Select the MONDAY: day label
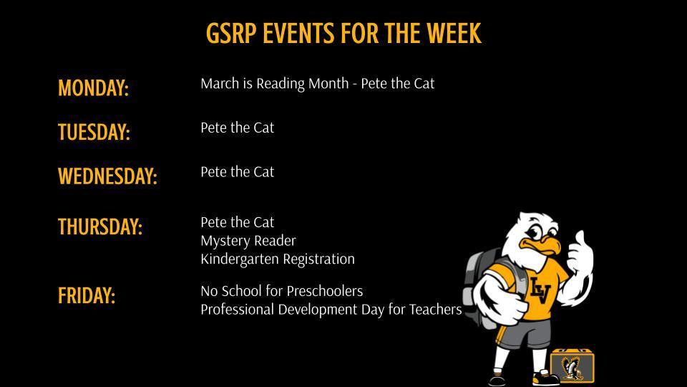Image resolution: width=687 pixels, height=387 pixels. (93, 88)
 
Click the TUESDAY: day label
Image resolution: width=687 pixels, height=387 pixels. (94, 133)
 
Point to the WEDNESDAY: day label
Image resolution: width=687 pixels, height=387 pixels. (107, 176)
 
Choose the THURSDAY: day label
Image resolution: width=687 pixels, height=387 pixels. (100, 226)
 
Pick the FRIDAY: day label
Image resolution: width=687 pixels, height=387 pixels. (87, 295)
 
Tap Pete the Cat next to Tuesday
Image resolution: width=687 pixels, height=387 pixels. (237, 128)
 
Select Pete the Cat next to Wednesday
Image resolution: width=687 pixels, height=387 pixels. (237, 172)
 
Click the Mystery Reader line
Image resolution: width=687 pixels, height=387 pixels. (248, 240)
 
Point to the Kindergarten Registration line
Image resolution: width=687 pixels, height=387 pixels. (277, 259)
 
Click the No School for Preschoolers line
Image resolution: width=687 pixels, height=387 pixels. (281, 291)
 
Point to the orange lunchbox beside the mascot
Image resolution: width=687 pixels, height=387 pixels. (572, 365)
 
